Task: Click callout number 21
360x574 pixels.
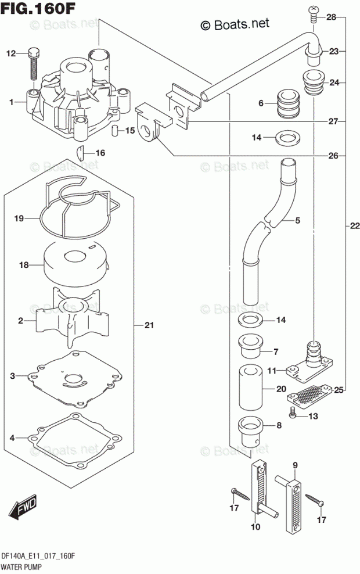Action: click(149, 326)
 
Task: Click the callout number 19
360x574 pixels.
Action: click(19, 219)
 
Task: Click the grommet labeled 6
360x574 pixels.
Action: click(286, 104)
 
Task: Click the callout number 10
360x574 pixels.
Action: click(255, 527)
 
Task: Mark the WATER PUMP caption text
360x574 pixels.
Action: click(24, 565)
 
